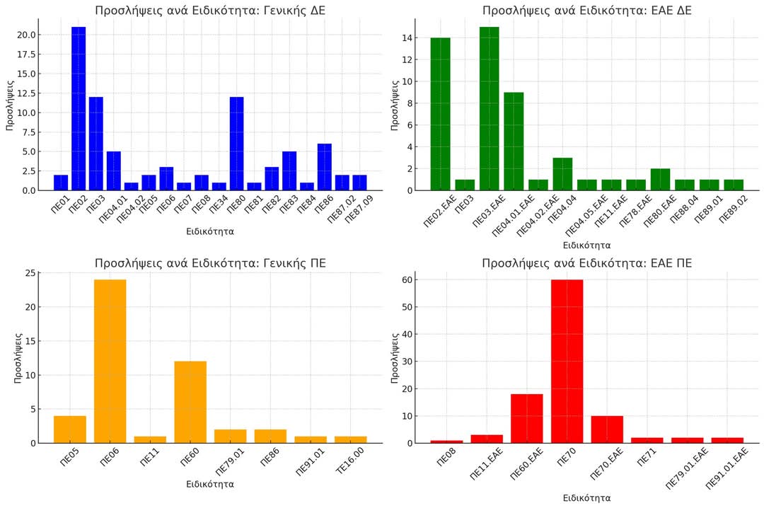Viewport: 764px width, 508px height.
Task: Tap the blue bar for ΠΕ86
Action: (324, 167)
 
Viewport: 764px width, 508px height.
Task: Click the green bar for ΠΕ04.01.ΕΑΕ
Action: (514, 141)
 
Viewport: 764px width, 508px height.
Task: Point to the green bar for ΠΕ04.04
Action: (562, 174)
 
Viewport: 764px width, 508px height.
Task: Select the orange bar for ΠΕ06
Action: (110, 361)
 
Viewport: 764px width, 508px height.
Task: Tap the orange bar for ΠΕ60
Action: (190, 402)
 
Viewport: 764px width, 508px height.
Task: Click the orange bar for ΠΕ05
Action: (70, 429)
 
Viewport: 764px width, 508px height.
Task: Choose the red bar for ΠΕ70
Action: (567, 361)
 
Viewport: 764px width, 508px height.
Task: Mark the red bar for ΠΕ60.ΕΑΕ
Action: (527, 418)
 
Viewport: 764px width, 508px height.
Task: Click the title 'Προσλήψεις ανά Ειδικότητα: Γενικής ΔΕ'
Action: (211, 11)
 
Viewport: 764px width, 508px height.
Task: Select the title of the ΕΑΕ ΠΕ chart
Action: (586, 263)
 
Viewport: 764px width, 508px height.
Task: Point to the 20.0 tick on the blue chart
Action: (28, 35)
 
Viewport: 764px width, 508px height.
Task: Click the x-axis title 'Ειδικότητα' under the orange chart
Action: (210, 484)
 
